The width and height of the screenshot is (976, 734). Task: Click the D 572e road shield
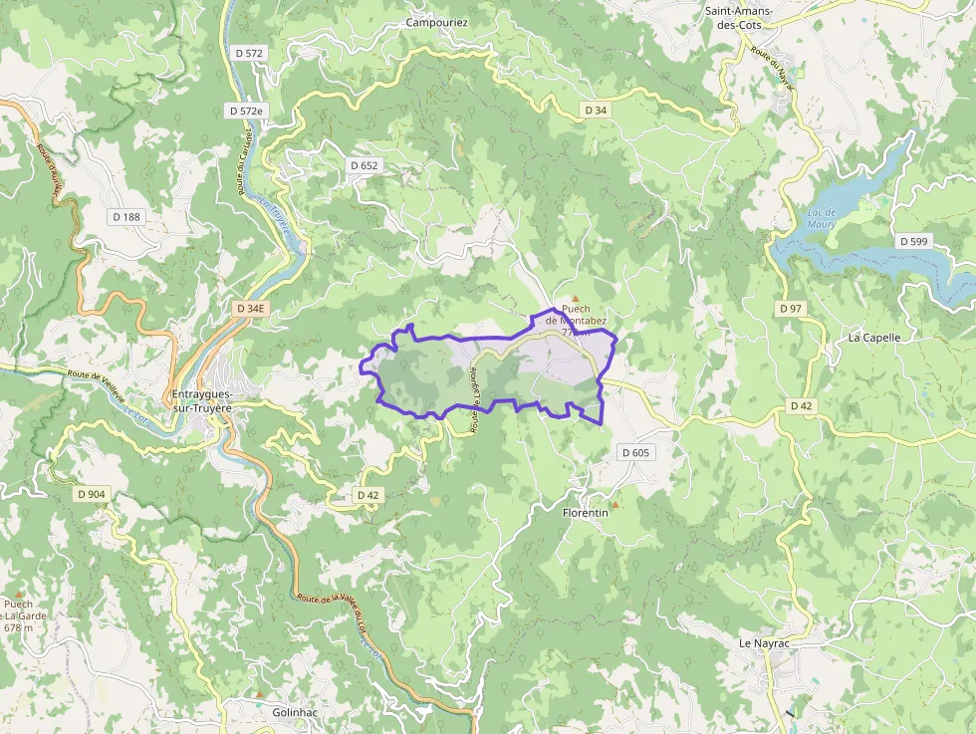click(x=245, y=111)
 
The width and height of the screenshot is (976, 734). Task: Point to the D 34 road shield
click(x=596, y=110)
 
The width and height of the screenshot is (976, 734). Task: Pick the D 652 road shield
click(x=365, y=165)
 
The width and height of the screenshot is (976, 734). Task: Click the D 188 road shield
click(x=126, y=216)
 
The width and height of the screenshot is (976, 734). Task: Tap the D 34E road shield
click(x=251, y=309)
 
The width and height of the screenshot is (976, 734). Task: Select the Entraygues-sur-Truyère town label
click(x=215, y=400)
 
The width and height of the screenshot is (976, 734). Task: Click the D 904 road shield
click(x=91, y=494)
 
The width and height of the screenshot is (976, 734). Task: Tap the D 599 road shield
click(x=913, y=241)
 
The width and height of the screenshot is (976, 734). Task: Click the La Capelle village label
click(x=874, y=338)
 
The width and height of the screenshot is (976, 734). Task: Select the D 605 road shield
click(x=635, y=453)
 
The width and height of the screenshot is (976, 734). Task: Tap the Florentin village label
click(x=586, y=513)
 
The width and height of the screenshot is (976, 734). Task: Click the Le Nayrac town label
click(x=764, y=643)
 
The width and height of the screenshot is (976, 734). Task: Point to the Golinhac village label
click(x=295, y=713)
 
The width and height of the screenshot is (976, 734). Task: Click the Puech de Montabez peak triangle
click(x=575, y=297)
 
